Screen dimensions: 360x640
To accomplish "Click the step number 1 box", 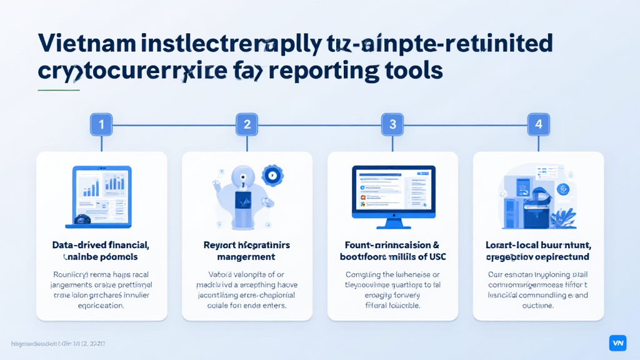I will click(x=101, y=124).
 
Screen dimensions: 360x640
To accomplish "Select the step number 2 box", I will click(x=247, y=124).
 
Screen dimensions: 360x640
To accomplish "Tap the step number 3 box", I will click(x=392, y=124).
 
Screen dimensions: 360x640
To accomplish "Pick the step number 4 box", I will click(x=538, y=124).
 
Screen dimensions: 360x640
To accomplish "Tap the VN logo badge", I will click(x=617, y=342).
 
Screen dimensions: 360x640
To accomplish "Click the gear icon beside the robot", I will click(x=273, y=176).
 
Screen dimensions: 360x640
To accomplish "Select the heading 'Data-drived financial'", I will click(x=101, y=246).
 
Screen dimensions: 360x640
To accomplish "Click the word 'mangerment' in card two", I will click(x=246, y=257).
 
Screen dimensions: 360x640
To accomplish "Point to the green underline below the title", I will click(x=59, y=90).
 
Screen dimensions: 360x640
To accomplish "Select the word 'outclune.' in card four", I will click(x=537, y=306).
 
